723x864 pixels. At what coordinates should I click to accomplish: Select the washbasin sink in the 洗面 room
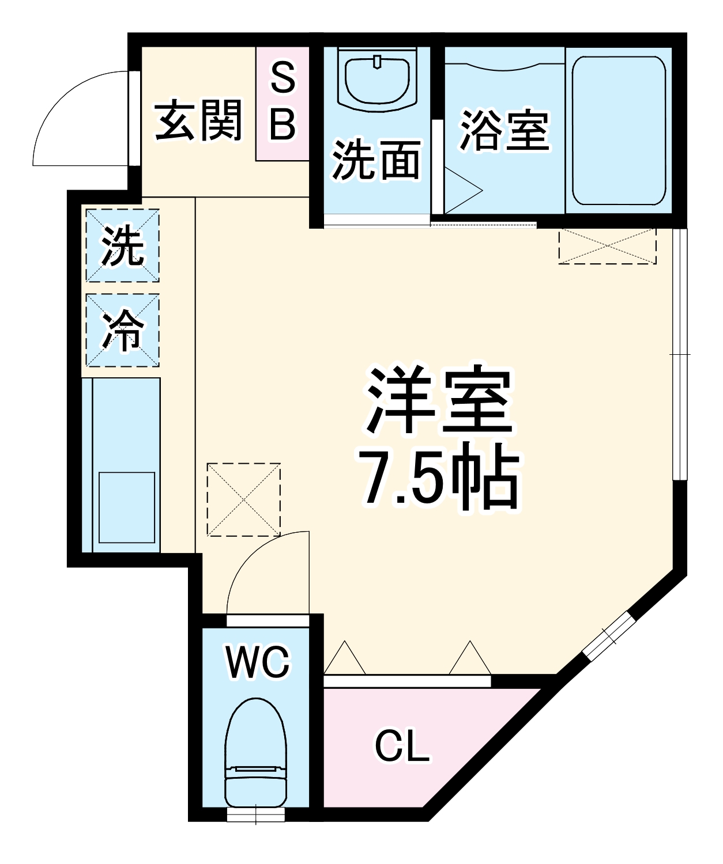coord(378,80)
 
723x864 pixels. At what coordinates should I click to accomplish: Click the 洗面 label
coord(376,160)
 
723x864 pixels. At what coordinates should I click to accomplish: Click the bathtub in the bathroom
coord(619,131)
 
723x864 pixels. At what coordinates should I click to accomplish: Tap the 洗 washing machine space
coord(123,246)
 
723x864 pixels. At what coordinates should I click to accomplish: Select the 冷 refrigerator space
coord(123,330)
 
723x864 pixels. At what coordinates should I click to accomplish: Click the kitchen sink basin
coord(127,507)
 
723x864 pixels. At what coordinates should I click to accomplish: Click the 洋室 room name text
coord(439,400)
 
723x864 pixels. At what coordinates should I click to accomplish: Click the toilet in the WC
coord(256,755)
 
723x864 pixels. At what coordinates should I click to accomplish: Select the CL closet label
coord(402,746)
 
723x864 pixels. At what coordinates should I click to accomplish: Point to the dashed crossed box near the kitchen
coord(244,499)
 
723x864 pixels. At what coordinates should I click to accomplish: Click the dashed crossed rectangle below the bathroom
coord(608,247)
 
